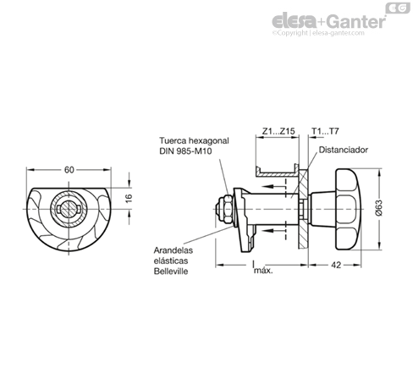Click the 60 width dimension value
point(69,170)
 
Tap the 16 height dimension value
point(129,198)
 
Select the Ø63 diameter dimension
point(378,207)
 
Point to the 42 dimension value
point(336,265)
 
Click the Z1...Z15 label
point(278,131)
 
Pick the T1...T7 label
point(325,131)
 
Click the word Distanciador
point(344,150)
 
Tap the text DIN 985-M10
point(185,151)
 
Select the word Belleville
point(171,272)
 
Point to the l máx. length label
point(262,267)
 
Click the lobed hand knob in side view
point(348,209)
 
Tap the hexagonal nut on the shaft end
point(228,209)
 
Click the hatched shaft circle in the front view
point(69,209)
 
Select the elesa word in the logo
point(294,21)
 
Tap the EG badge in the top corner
point(398,8)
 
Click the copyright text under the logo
point(318,33)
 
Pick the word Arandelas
point(173,250)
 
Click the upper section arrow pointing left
point(275,186)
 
